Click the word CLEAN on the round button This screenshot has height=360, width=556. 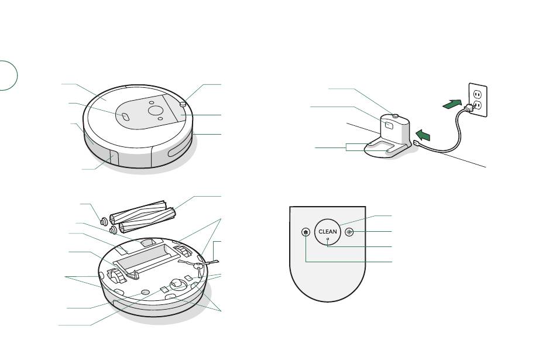point(328,232)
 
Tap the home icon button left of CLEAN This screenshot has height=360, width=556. point(306,232)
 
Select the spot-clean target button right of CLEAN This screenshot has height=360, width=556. point(349,232)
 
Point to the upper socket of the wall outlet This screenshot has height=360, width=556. point(477,94)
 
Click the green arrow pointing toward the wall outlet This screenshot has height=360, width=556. point(452,104)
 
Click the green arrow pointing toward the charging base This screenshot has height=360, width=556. point(423,135)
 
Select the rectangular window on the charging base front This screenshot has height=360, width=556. point(388,125)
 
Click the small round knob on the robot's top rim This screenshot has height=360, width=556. point(183,104)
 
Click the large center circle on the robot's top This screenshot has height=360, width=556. point(155,110)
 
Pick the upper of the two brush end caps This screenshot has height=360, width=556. point(104,222)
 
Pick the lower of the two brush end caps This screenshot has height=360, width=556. point(113,230)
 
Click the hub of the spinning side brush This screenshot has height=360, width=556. point(198,264)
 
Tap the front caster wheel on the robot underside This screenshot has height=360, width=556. point(177,284)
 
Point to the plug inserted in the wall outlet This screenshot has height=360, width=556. point(468,108)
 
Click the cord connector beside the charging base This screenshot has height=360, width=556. point(417,144)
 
